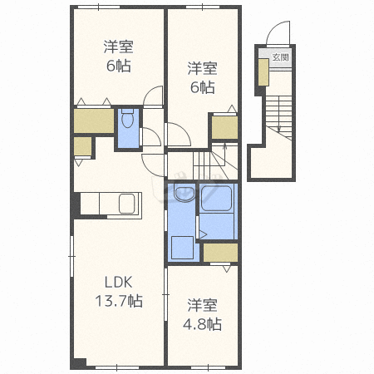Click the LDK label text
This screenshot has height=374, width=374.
[118, 282]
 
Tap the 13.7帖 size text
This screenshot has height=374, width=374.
[119, 301]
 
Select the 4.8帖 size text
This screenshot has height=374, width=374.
[202, 324]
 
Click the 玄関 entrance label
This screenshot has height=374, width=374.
[281, 57]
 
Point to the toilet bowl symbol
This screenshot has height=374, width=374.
[128, 119]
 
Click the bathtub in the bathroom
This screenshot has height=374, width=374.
[216, 199]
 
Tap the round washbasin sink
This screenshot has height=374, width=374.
[185, 193]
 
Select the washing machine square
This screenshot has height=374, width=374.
[182, 248]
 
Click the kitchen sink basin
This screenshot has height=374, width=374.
[127, 204]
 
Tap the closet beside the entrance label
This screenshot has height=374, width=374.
[263, 72]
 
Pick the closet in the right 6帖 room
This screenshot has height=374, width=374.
[224, 127]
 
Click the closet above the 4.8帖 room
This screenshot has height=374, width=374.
[220, 253]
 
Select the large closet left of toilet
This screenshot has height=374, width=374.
[94, 121]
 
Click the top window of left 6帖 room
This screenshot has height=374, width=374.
[98, 7]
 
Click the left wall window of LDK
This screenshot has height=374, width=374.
[72, 256]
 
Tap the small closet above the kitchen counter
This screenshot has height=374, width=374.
[82, 146]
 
